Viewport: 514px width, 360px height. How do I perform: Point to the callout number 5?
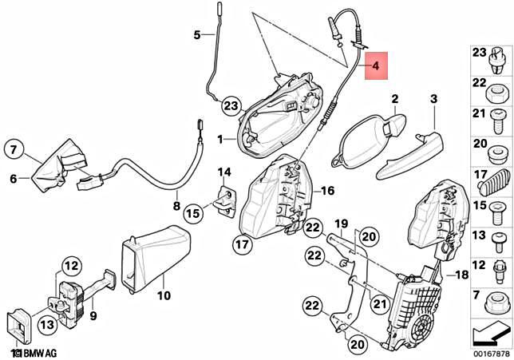point(197,34)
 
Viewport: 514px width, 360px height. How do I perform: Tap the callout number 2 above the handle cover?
point(393,99)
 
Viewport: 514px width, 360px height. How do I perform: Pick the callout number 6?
point(14,179)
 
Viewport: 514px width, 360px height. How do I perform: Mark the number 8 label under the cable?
point(176,205)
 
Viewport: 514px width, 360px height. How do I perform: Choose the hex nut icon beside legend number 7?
point(496,303)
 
